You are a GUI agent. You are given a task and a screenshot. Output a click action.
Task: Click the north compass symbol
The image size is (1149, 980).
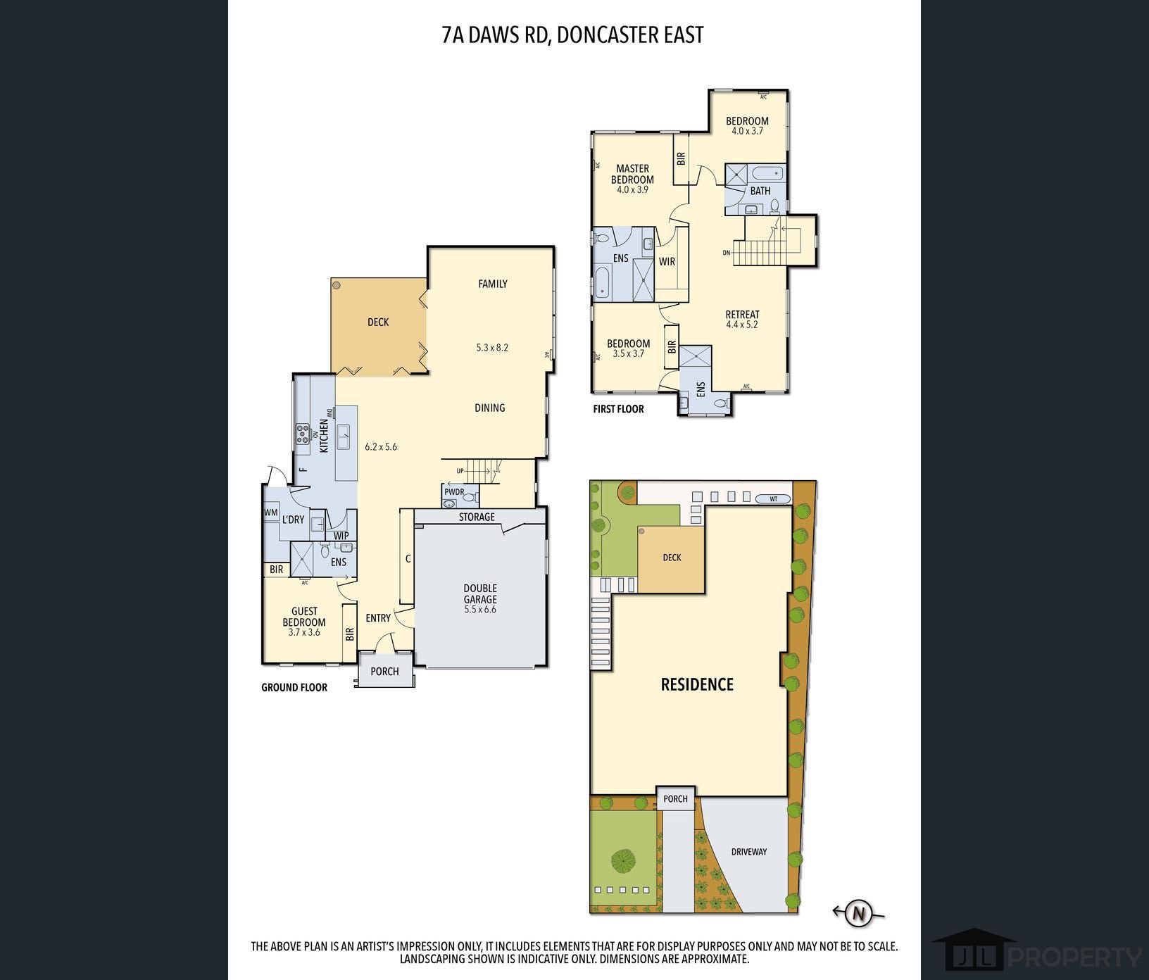[x=858, y=914]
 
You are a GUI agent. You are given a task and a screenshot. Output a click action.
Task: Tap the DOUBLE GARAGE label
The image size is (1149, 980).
[x=480, y=593]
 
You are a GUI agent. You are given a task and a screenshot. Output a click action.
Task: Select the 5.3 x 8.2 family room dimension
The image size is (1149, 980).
[x=492, y=347]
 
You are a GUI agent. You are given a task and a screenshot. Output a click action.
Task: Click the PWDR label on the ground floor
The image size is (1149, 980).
[x=454, y=491]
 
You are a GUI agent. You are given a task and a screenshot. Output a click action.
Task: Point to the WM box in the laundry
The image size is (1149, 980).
[x=271, y=513]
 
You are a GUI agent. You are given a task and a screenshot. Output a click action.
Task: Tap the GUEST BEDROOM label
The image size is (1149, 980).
[x=304, y=617]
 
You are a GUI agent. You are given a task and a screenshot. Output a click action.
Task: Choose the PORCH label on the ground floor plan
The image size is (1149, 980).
[x=384, y=672]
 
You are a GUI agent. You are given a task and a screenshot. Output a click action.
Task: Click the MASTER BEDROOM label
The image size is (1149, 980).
[x=632, y=174]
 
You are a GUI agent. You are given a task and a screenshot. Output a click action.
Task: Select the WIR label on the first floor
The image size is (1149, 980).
[x=667, y=262]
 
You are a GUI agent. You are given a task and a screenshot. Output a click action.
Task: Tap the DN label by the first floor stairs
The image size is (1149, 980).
[x=727, y=253]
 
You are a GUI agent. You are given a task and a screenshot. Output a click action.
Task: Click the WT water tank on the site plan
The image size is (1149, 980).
[x=774, y=498]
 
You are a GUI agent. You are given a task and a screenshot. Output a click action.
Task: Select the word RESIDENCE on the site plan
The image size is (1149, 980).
[x=697, y=684]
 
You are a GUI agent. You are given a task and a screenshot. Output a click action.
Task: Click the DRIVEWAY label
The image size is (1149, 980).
[x=748, y=852]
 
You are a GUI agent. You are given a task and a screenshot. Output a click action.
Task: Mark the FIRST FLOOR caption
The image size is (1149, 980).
[x=618, y=409]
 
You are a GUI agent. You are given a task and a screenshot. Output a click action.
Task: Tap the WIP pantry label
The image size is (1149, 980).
[x=341, y=536]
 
